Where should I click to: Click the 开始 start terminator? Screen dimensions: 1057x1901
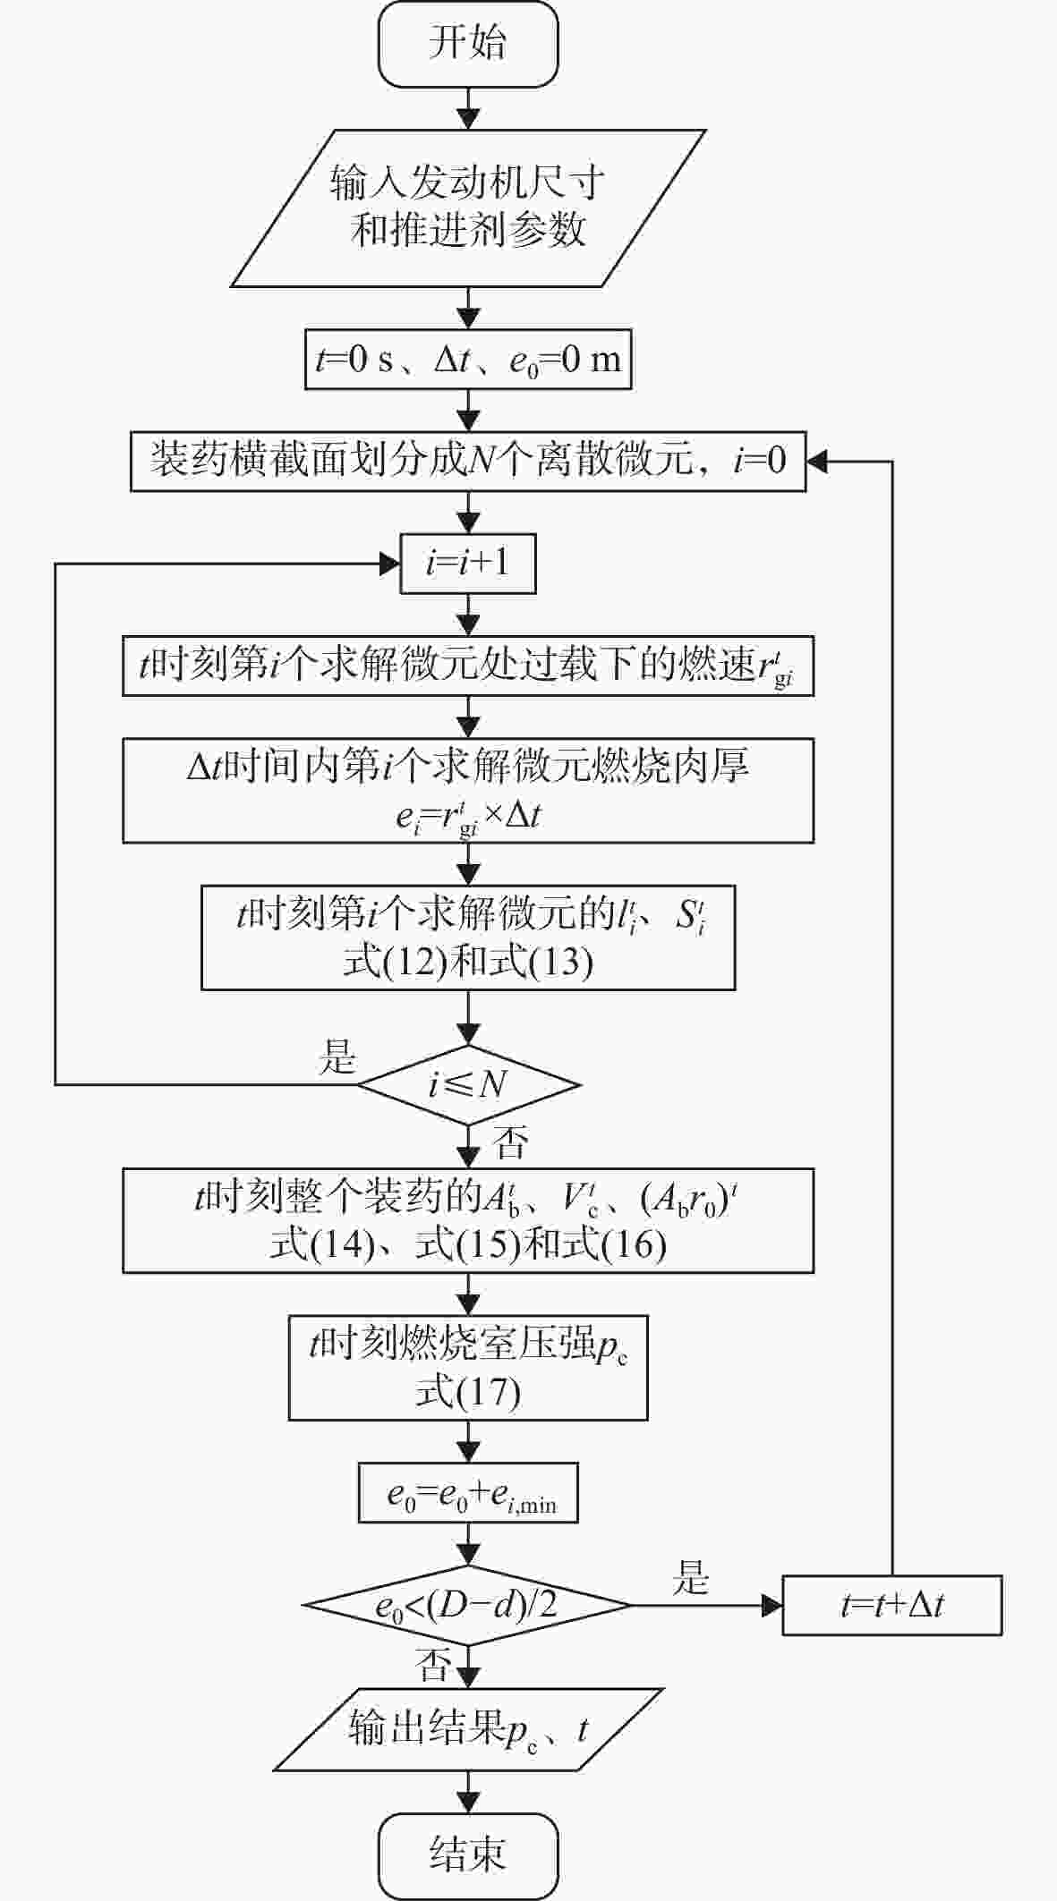[x=468, y=44]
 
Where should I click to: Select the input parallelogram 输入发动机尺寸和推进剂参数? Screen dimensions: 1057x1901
[x=469, y=208]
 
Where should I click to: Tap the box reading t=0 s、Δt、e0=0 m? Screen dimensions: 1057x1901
[x=468, y=360]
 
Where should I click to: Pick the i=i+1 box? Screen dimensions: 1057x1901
[x=468, y=564]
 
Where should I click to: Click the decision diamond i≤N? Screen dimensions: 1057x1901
[x=469, y=1085]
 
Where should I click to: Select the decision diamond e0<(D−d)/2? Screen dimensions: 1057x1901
[x=468, y=1606]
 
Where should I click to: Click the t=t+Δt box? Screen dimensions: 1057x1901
[x=892, y=1606]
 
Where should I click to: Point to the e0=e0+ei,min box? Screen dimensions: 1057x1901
[x=468, y=1492]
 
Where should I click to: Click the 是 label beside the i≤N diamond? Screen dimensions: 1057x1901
[x=337, y=1057]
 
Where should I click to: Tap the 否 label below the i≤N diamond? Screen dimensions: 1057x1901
[x=511, y=1142]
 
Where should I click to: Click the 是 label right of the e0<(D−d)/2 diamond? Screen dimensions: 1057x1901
[x=691, y=1578]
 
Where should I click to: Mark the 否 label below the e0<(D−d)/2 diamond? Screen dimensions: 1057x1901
[x=433, y=1664]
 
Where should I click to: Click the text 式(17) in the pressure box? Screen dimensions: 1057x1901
[x=468, y=1393]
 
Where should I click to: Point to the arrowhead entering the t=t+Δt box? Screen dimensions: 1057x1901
[x=772, y=1606]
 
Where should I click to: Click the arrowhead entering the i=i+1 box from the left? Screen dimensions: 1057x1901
[x=390, y=564]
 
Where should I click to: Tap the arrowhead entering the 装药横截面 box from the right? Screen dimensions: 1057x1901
[x=817, y=462]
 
